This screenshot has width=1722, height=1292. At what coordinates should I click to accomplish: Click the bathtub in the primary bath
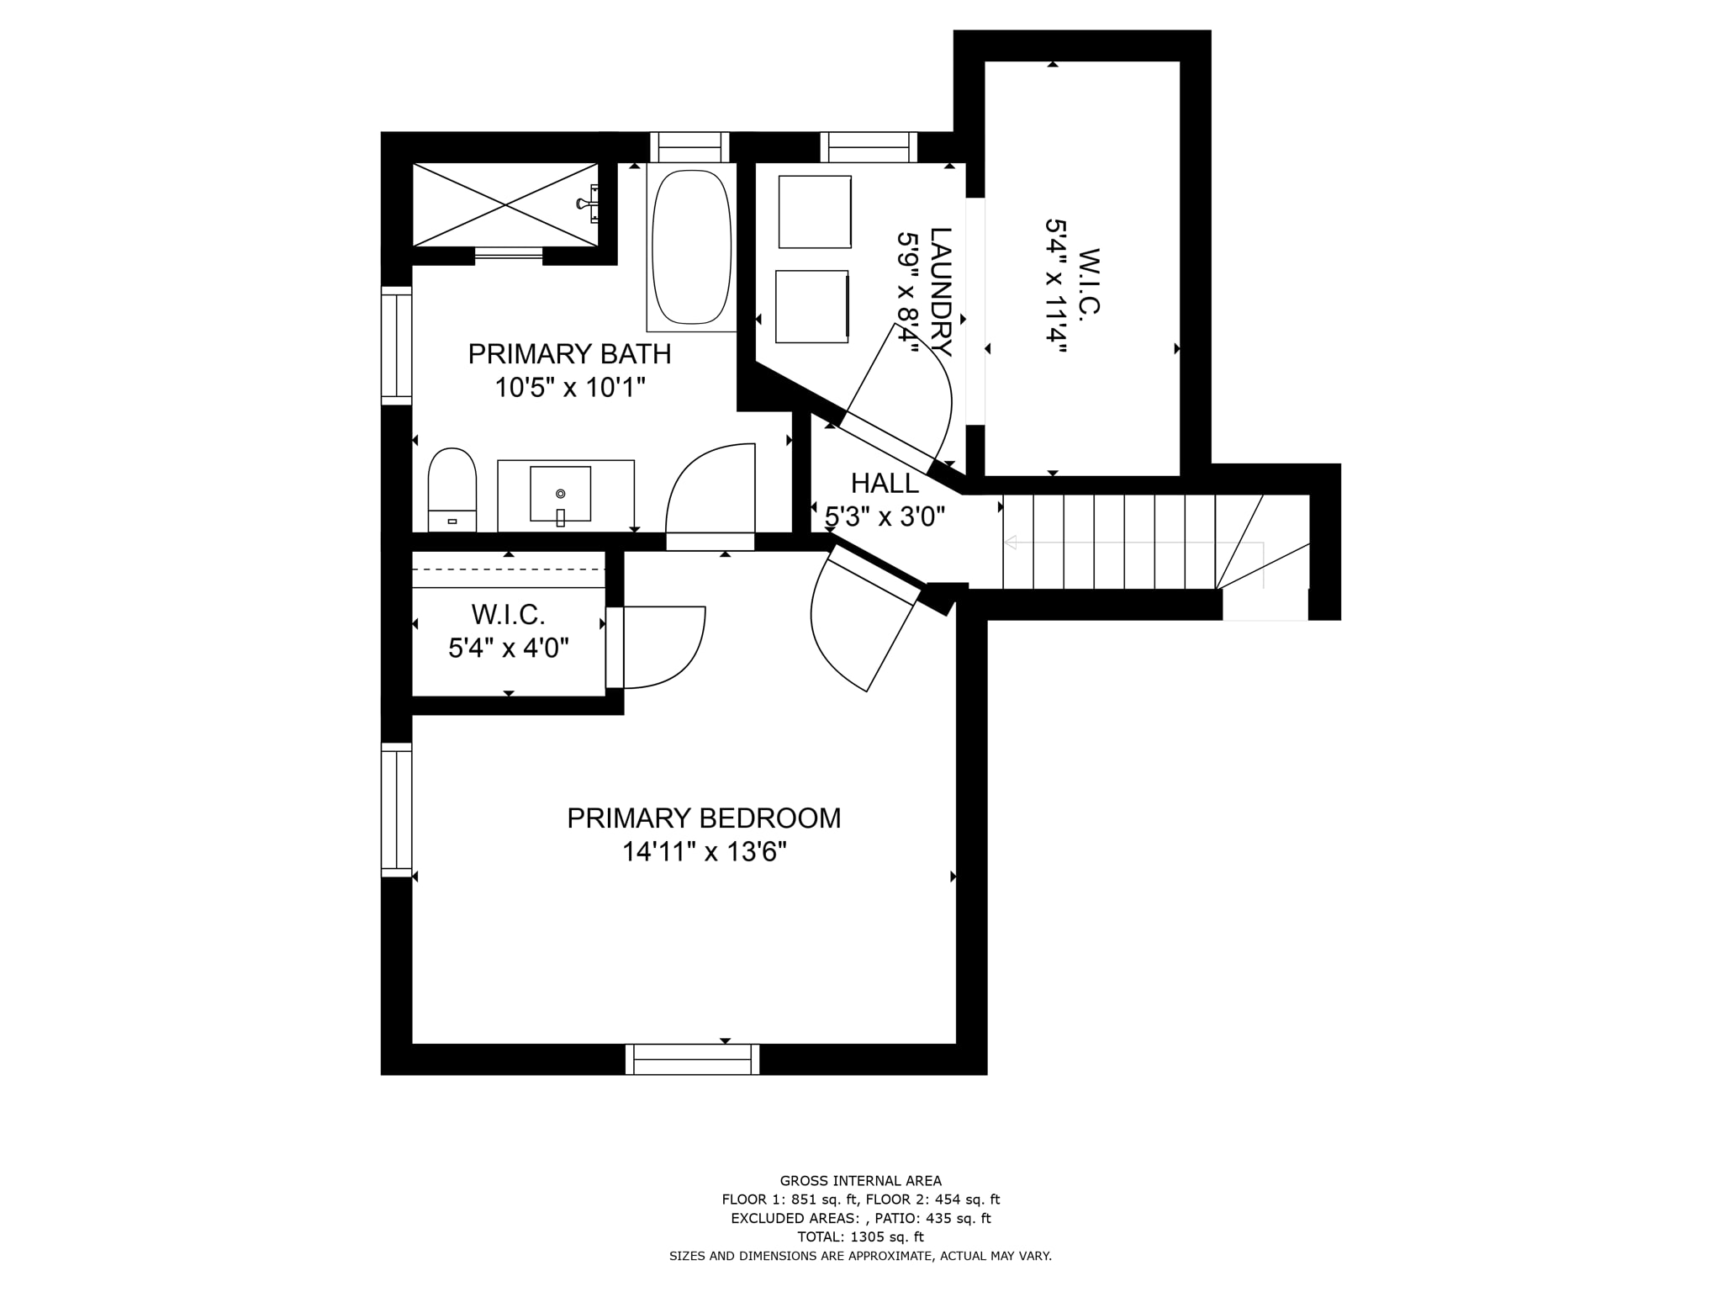point(691,247)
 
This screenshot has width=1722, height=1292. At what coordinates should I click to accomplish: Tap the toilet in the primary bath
point(452,490)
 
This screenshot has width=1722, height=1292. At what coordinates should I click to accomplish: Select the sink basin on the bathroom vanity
point(560,494)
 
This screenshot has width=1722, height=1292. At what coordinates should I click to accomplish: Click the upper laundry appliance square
point(815,212)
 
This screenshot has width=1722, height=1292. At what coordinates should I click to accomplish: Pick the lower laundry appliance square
point(812,306)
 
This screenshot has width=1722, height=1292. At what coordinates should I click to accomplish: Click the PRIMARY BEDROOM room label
point(704,818)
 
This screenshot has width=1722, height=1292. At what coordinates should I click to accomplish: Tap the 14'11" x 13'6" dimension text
point(705,853)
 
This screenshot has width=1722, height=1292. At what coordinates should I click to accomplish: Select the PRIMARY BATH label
point(569,354)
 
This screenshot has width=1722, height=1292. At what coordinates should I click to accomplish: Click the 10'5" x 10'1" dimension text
point(570,388)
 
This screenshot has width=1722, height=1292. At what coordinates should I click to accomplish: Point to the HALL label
point(885,484)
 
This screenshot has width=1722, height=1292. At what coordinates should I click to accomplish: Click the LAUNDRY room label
point(941,292)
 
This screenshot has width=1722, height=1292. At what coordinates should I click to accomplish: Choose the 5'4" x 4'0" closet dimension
point(509,649)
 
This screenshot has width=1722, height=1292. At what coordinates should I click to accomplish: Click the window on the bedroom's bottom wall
point(692,1059)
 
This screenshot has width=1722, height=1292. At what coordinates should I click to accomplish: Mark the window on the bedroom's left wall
point(397,810)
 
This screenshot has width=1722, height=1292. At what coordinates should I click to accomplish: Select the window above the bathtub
point(689,147)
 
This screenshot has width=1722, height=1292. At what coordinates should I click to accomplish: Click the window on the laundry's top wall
point(869,147)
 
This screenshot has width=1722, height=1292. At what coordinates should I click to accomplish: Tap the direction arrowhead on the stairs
point(1011,543)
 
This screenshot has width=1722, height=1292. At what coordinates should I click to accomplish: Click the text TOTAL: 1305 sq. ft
point(860,1236)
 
